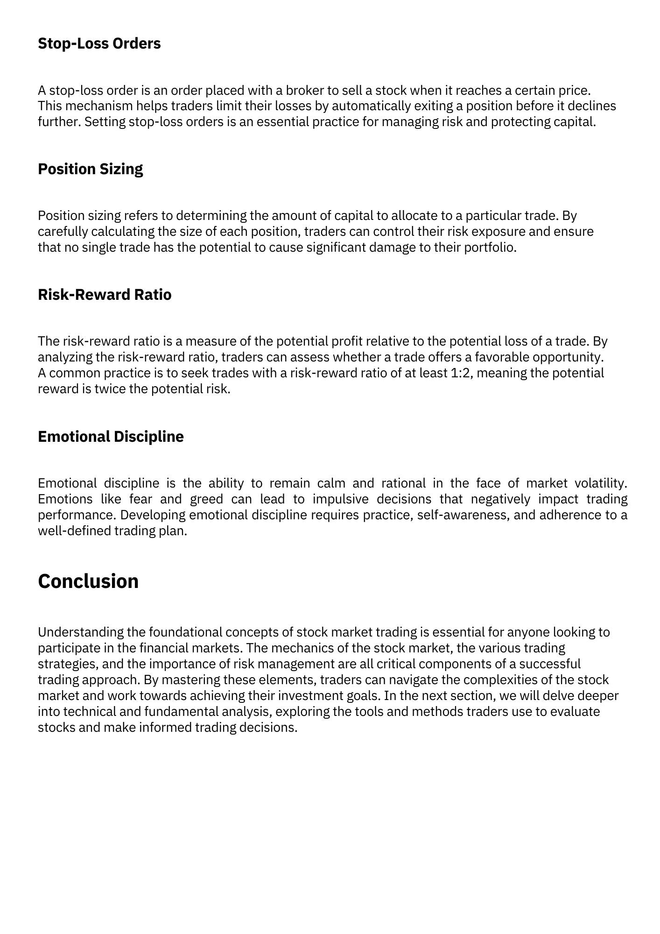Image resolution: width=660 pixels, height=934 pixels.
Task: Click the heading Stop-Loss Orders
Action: pyautogui.click(x=99, y=43)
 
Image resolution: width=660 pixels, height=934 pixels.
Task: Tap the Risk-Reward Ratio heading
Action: pyautogui.click(x=105, y=295)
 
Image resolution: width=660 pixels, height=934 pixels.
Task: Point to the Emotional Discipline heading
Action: pyautogui.click(x=111, y=437)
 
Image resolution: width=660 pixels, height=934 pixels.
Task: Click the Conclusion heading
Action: pyautogui.click(x=88, y=581)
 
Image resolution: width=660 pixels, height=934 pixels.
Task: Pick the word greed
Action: pyautogui.click(x=206, y=499)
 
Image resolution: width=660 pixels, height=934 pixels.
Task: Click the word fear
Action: pyautogui.click(x=140, y=499)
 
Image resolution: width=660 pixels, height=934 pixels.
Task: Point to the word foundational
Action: pyautogui.click(x=185, y=632)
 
